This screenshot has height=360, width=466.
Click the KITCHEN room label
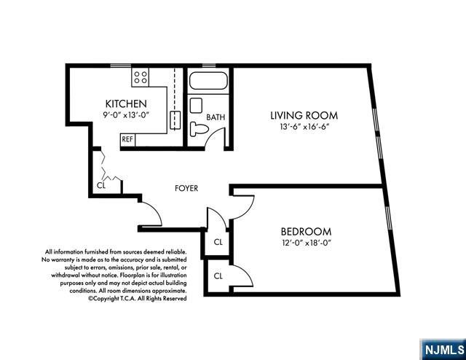[x=126, y=103]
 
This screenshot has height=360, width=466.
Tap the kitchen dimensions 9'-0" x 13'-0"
[x=125, y=115]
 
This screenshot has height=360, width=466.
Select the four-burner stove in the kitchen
[x=141, y=77]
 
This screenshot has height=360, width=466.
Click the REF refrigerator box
[x=127, y=139]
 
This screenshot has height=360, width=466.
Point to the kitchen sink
[x=175, y=120]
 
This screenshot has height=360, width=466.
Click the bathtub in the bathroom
[x=209, y=81]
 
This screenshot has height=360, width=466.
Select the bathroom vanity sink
[x=196, y=106]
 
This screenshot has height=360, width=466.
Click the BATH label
[x=216, y=117]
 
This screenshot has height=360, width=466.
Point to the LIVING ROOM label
[x=304, y=115]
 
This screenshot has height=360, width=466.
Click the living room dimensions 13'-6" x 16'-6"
[x=305, y=127]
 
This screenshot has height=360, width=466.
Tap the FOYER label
[x=186, y=188]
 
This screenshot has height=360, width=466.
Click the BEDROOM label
[x=306, y=232]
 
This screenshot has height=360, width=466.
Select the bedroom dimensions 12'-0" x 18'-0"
[x=306, y=243]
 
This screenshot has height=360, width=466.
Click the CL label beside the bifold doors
[x=101, y=185]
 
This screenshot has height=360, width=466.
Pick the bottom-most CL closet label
[x=218, y=276]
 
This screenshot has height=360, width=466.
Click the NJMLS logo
[x=444, y=350]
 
